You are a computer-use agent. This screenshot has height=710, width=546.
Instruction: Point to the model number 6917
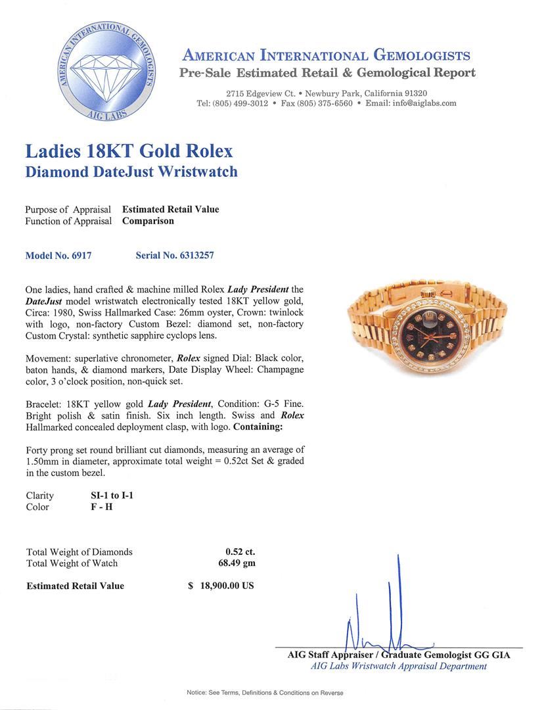(x=78, y=255)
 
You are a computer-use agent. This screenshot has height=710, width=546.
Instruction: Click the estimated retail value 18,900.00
(x=227, y=586)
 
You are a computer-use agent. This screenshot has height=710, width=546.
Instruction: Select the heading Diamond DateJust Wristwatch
(x=131, y=172)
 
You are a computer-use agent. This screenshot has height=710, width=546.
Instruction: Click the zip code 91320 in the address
(x=414, y=93)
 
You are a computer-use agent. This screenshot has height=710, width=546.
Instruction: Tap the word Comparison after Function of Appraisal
(x=148, y=221)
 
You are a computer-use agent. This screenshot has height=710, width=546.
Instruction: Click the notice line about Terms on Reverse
(x=265, y=693)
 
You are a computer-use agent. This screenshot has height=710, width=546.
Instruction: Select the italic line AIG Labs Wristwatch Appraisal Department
(x=399, y=666)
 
